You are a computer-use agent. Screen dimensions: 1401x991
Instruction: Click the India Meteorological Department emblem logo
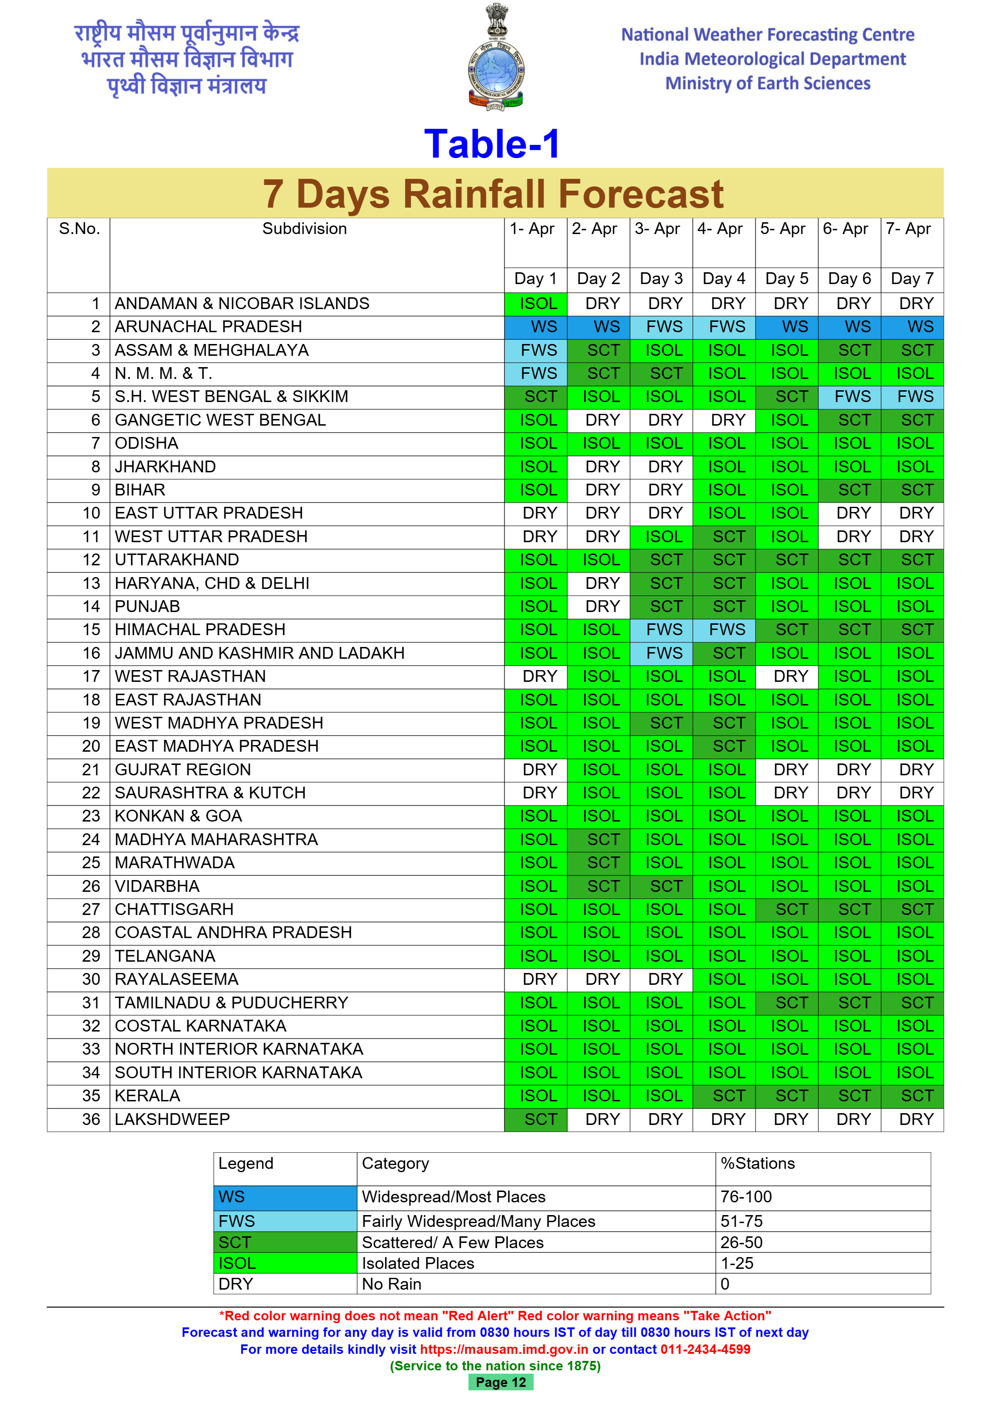495,58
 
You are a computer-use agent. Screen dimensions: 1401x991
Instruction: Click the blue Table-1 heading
492,144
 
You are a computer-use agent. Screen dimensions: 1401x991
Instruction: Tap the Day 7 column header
912,279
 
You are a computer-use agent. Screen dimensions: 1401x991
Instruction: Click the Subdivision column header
304,229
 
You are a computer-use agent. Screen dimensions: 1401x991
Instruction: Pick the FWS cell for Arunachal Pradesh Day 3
664,327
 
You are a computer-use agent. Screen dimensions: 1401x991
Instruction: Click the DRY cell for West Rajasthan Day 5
790,677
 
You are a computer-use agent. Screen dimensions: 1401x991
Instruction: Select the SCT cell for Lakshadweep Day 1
540,1120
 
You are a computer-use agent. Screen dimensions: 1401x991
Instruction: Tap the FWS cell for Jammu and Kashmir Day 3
664,654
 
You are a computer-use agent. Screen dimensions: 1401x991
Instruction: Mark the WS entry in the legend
232,1197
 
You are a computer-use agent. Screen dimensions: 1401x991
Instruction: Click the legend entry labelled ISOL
237,1263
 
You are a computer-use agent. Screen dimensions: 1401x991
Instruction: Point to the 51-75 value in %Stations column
741,1221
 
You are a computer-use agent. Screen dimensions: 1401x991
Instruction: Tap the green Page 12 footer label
500,1382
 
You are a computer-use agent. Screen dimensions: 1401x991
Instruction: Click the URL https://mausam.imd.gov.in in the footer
504,1349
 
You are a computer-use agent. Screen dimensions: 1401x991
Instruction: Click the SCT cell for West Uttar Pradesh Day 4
729,537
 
